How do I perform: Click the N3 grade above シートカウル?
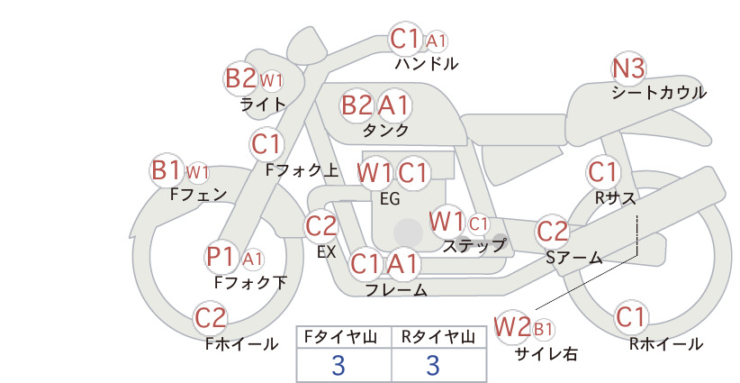coord(628,69)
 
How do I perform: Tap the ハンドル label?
coord(427,63)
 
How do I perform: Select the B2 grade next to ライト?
coord(240,78)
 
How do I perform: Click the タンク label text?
coord(385,130)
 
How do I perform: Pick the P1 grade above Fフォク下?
coord(221,258)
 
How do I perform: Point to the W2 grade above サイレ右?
coord(511,327)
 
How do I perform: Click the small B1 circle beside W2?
coord(543,329)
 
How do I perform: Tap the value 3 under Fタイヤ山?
coord(338,365)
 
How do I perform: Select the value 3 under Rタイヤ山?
coord(433,365)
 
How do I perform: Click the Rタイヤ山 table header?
coord(439,337)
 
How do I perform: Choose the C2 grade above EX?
coord(320,226)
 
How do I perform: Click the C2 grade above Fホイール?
coord(211,317)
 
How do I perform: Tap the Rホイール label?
coord(666,344)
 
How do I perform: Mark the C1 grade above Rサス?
coord(603,172)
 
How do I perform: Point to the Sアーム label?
coord(574,258)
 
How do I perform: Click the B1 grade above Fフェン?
coord(167,170)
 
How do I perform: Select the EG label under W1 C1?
coord(390,199)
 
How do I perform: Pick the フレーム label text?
coord(396,290)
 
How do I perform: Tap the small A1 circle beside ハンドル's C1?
coord(436,41)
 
